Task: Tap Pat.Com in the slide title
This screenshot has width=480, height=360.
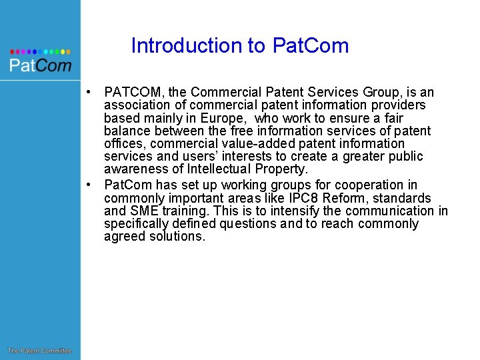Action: point(310,45)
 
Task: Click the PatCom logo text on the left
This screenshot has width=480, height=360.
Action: point(40,65)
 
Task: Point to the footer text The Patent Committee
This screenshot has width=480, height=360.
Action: point(39,351)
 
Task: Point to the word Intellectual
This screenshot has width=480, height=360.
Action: point(221,169)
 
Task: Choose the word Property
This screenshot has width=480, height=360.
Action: point(283,169)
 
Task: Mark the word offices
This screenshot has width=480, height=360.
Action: point(122,144)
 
